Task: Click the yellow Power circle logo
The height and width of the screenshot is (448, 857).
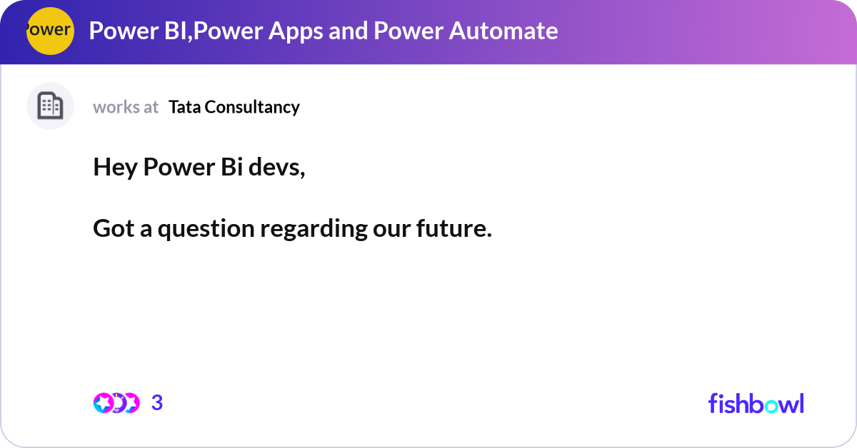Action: click(50, 31)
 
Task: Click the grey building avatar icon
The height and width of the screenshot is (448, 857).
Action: click(50, 106)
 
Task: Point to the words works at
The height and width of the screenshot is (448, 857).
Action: click(126, 107)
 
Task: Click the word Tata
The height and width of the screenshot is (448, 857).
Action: click(184, 107)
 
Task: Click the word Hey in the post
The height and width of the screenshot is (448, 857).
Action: click(115, 168)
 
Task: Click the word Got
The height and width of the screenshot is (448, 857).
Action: click(114, 229)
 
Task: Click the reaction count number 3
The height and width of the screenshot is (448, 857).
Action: click(157, 403)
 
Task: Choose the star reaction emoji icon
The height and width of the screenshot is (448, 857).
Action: click(103, 403)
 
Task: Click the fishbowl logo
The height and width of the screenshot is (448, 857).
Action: click(756, 403)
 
